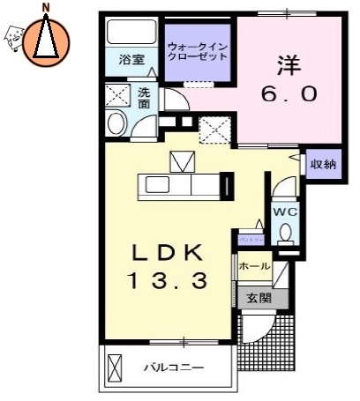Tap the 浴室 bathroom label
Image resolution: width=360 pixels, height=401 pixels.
[x=131, y=61]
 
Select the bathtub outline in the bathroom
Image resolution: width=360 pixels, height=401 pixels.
[x=131, y=33]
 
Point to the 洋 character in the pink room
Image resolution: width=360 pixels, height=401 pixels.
[x=285, y=65]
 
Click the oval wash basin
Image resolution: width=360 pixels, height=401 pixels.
[x=116, y=123]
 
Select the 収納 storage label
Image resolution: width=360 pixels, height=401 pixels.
[x=324, y=163]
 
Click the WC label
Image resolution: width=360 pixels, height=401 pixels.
[x=284, y=211]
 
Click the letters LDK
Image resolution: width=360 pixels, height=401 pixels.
[x=168, y=254]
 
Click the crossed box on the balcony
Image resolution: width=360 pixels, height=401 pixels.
[x=116, y=364]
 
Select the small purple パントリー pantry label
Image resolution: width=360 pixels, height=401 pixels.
[x=249, y=239]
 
